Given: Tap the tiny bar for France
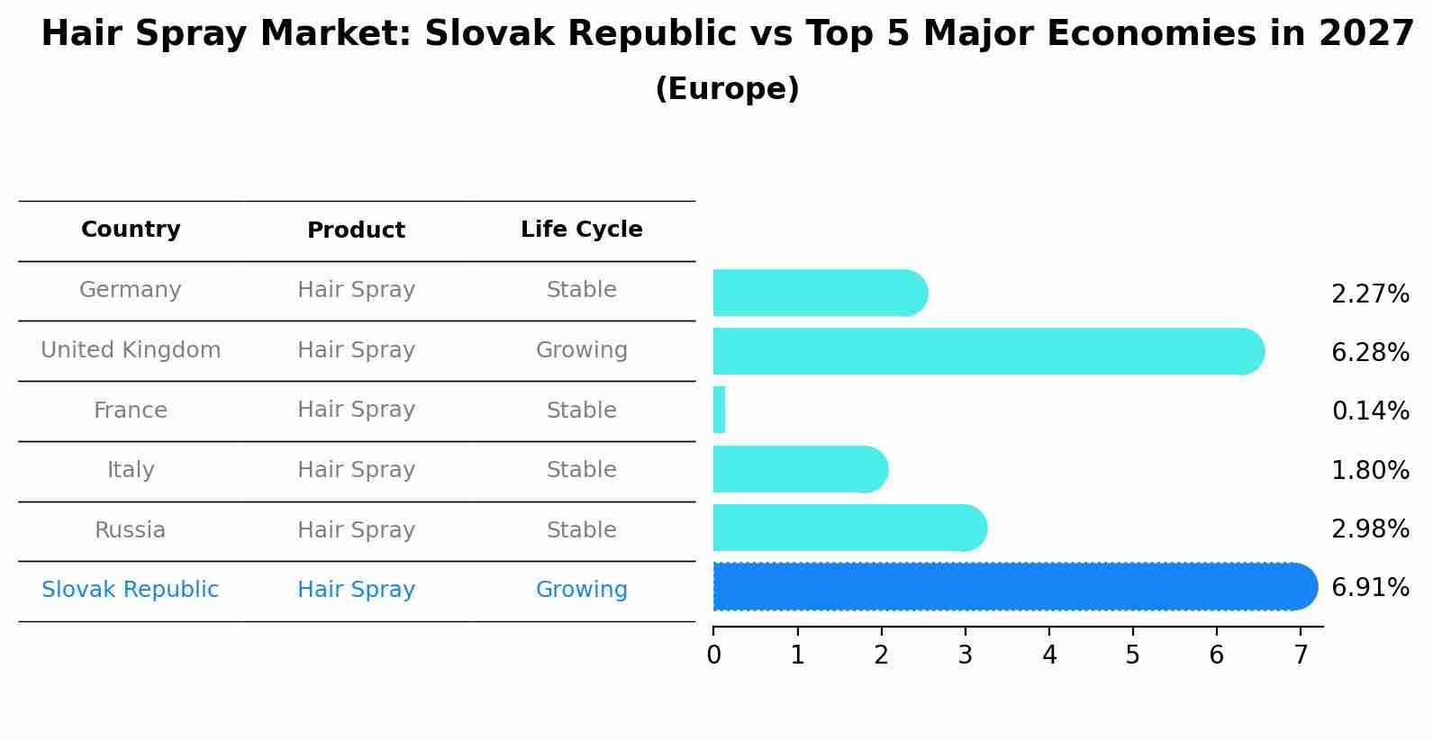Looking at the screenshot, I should [x=719, y=410].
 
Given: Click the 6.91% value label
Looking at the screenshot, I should [x=1370, y=588].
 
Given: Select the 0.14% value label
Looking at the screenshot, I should [x=1370, y=411].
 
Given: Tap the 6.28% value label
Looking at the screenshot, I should [x=1370, y=353].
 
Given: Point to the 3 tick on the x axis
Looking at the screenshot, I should [x=965, y=655].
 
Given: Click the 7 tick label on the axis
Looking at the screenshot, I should [x=1300, y=655].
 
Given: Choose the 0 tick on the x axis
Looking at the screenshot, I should [x=713, y=655].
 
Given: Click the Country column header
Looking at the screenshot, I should [x=131, y=230].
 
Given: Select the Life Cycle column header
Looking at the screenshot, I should [x=581, y=230].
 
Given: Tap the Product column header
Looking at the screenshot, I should [x=356, y=230].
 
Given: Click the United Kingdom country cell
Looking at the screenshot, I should [x=131, y=350].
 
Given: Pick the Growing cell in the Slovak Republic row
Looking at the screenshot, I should [x=581, y=590].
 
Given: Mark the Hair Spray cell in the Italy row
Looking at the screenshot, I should [x=356, y=470].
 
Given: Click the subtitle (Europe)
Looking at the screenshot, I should [x=727, y=89].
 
